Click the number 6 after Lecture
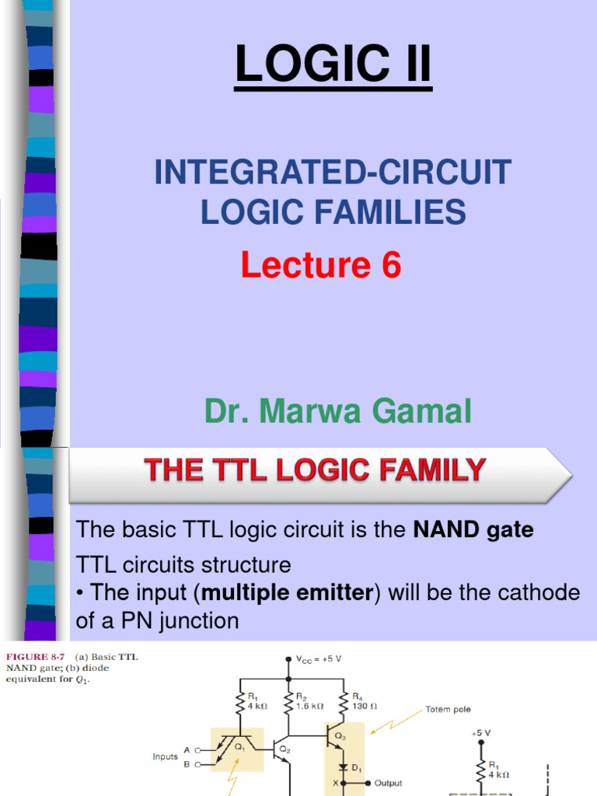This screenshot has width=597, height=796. coord(391,264)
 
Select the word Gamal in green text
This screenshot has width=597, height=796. coord(421,410)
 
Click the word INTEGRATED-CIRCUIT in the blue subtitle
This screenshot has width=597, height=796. coord(333,172)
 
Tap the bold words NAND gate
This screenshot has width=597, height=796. coord(473,529)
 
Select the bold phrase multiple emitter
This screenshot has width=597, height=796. coord(288,592)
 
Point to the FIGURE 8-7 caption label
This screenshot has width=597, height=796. coord(35,657)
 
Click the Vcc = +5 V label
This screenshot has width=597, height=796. coord(319,659)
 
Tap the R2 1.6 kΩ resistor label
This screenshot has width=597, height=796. coord(309,701)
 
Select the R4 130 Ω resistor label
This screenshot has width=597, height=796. coord(365,701)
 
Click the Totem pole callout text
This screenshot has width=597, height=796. coord(448,709)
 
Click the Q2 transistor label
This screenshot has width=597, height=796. coord(285,750)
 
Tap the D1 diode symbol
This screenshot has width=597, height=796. coord(343,766)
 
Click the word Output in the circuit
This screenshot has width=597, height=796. coord(388,784)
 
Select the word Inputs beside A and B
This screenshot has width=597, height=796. coord(165,757)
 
